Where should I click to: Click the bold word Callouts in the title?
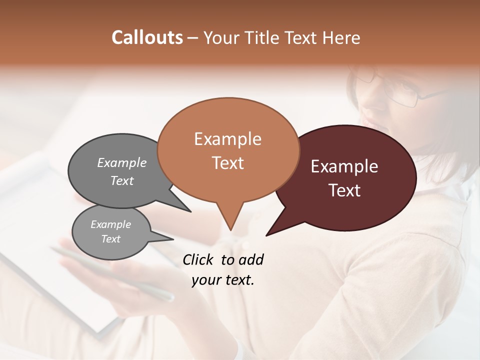point(147,37)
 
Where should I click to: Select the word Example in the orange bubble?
point(227,139)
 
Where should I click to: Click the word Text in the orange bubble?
point(227,163)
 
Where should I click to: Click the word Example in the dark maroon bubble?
point(344,166)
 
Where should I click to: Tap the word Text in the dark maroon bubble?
point(344,190)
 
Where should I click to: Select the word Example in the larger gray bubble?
point(121,163)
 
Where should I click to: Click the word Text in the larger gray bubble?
point(121,180)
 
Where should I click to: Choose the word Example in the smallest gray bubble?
point(110,224)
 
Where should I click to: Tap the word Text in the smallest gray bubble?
point(110,239)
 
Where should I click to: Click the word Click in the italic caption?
point(198,259)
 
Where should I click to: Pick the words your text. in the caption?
point(223,280)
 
